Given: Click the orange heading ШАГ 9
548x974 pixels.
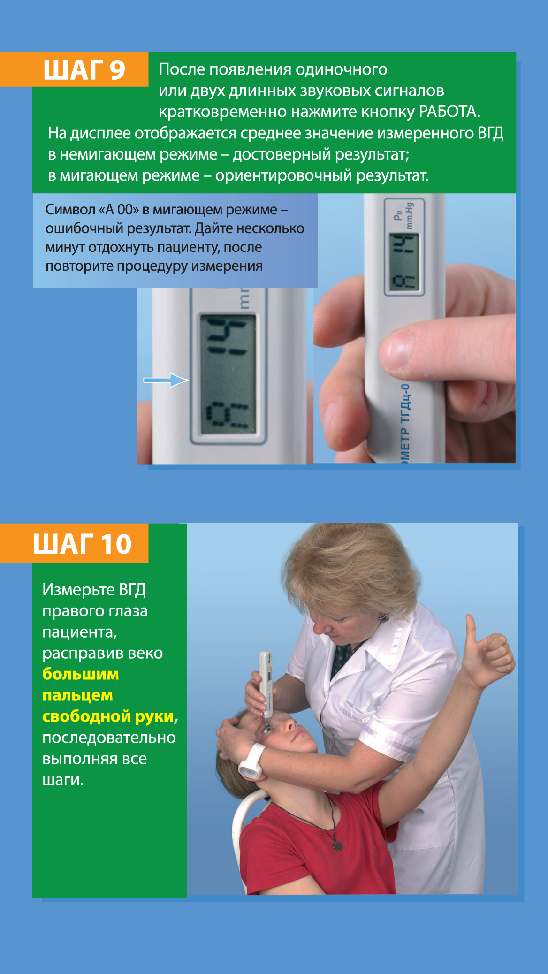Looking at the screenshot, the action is click(x=84, y=69).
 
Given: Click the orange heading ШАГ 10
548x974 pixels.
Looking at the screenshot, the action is click(x=82, y=544).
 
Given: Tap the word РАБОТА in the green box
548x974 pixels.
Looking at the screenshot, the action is click(x=449, y=112).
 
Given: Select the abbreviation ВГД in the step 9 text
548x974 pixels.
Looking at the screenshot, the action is click(x=491, y=133).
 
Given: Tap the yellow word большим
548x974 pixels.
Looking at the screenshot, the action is click(x=81, y=674).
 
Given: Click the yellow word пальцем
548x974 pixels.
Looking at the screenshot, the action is click(x=77, y=695).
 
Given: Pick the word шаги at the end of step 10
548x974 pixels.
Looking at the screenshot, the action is click(x=63, y=780).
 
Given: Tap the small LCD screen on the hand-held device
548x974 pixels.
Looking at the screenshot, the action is click(x=404, y=263).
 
